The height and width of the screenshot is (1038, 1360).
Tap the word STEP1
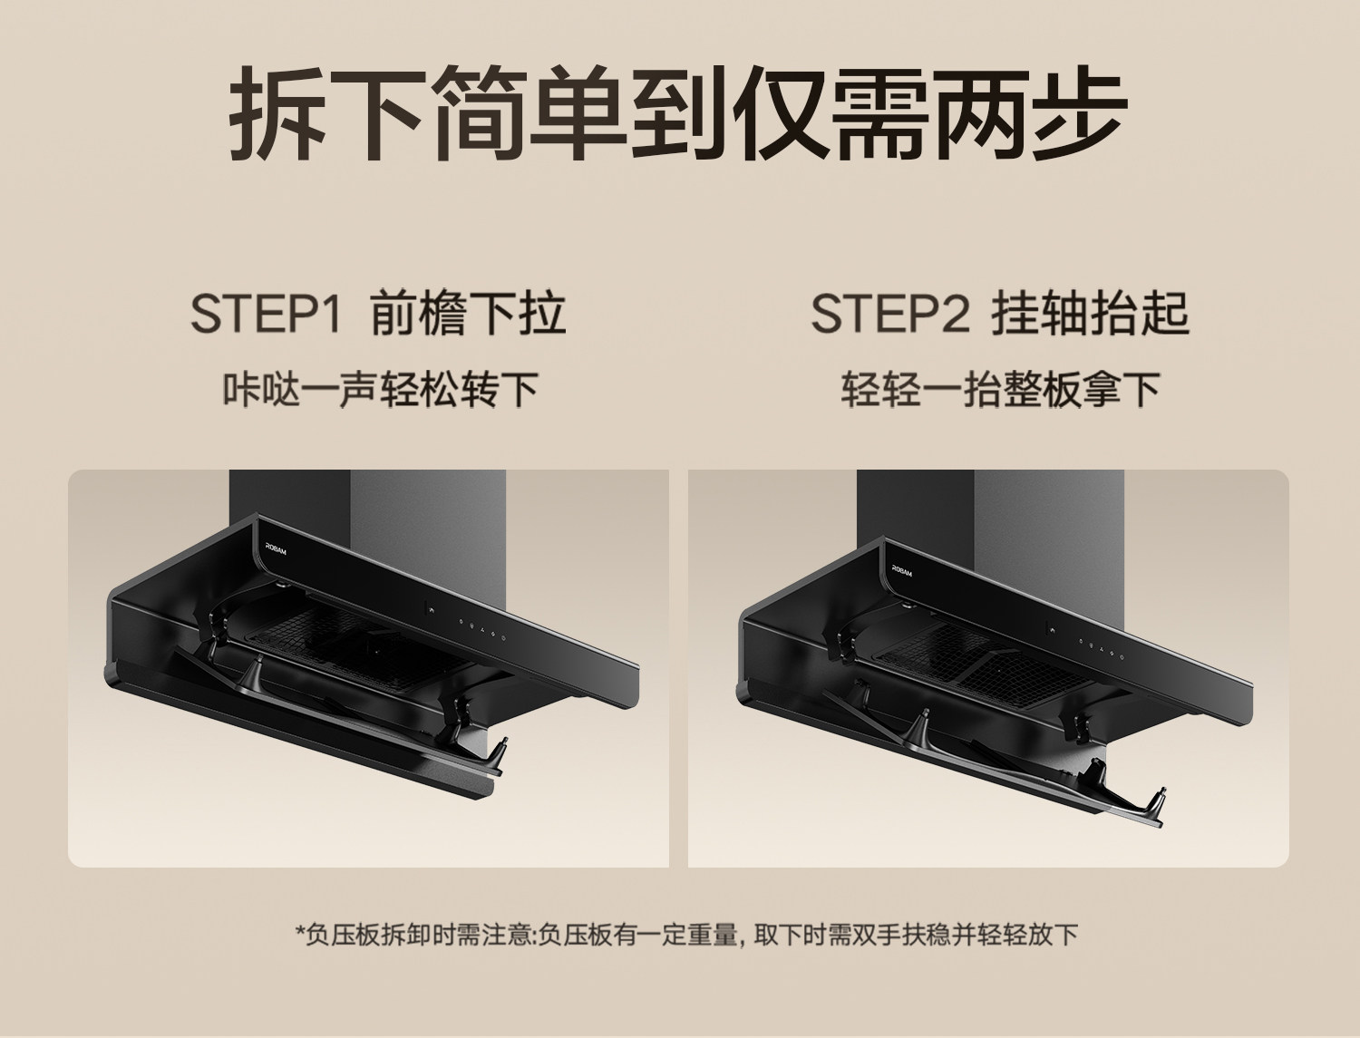266,314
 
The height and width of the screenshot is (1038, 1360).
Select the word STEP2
889,314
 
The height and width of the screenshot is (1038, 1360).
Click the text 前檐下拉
469,314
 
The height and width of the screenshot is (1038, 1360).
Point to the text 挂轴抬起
1091,314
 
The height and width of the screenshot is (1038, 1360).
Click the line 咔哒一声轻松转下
380,390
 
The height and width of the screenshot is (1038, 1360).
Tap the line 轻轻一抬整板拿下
1000,390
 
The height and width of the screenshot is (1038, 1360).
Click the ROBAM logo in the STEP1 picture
277,548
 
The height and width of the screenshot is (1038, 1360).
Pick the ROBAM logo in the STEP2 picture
902,570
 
